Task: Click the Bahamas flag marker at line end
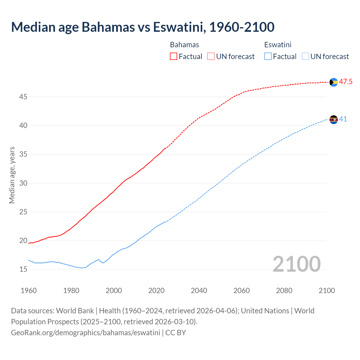tap(334, 82)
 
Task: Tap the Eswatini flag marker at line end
tap(334, 120)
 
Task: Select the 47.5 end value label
tap(346, 82)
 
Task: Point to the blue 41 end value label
tap(343, 119)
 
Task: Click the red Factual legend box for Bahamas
tap(174, 57)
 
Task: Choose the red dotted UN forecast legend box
tap(211, 57)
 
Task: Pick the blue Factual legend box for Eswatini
tap(268, 57)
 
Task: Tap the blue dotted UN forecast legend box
tap(305, 57)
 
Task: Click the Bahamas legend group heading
tap(184, 45)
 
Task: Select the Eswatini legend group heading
tap(278, 45)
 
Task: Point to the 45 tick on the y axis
tap(23, 97)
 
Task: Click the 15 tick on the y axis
tap(23, 269)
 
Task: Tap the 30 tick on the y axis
tap(23, 183)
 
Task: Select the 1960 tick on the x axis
tap(29, 291)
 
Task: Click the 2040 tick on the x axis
tap(199, 291)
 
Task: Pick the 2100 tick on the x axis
tap(327, 291)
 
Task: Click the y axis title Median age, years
tap(12, 175)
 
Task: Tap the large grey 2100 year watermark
tap(296, 264)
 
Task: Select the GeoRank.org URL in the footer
tap(85, 333)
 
